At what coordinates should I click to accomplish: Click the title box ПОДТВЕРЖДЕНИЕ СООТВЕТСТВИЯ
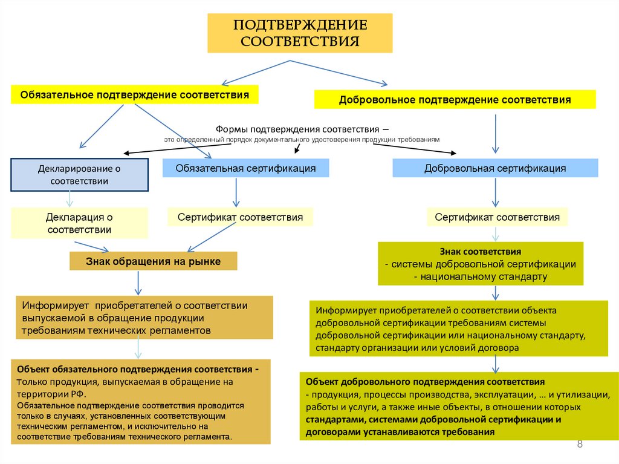300,34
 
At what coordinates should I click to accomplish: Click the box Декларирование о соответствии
79,174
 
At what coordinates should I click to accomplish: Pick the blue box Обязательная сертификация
245,168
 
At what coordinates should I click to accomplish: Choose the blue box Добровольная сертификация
495,168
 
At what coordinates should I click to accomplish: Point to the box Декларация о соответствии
79,223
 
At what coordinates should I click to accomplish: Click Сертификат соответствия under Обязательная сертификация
240,217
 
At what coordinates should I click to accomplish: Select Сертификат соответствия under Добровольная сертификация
497,217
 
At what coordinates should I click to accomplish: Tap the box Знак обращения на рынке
153,261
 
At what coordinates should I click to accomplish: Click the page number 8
580,445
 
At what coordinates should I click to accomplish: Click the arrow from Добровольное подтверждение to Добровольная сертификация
496,133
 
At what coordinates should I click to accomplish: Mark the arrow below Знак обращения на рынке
139,282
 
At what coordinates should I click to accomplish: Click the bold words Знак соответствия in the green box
481,250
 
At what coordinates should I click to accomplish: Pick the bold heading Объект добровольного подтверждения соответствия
425,382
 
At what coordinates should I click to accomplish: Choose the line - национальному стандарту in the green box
481,276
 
